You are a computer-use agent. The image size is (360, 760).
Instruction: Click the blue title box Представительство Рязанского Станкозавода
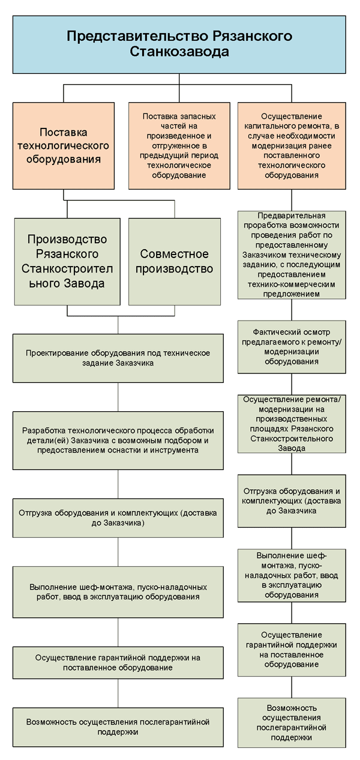179,44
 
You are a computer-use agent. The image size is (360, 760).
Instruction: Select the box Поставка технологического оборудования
64,145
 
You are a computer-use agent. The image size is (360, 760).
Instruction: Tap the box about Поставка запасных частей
179,145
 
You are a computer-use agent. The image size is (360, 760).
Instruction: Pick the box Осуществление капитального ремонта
292,145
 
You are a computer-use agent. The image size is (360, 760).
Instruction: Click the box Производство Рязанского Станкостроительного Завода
67,262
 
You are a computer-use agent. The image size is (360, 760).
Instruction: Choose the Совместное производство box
175,262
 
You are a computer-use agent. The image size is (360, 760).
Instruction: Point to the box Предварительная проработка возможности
292,255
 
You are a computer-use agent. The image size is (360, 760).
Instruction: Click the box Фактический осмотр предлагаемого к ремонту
292,347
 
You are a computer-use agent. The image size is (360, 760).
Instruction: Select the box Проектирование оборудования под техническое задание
118,358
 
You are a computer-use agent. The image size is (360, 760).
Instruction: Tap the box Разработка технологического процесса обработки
118,441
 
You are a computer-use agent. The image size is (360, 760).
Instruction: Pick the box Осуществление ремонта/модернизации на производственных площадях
292,424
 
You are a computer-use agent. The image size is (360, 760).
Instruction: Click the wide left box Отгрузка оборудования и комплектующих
118,517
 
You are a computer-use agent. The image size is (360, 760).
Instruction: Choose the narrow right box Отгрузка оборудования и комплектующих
292,501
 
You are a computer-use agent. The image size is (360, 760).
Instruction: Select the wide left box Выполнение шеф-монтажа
118,592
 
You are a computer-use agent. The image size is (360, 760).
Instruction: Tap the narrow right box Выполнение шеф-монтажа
292,576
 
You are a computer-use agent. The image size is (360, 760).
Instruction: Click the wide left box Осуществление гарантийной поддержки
118,663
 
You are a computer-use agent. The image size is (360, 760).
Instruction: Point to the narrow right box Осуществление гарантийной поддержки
292,650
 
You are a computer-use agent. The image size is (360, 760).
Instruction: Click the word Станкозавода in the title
179,52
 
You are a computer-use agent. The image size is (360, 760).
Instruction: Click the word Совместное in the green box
174,254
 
